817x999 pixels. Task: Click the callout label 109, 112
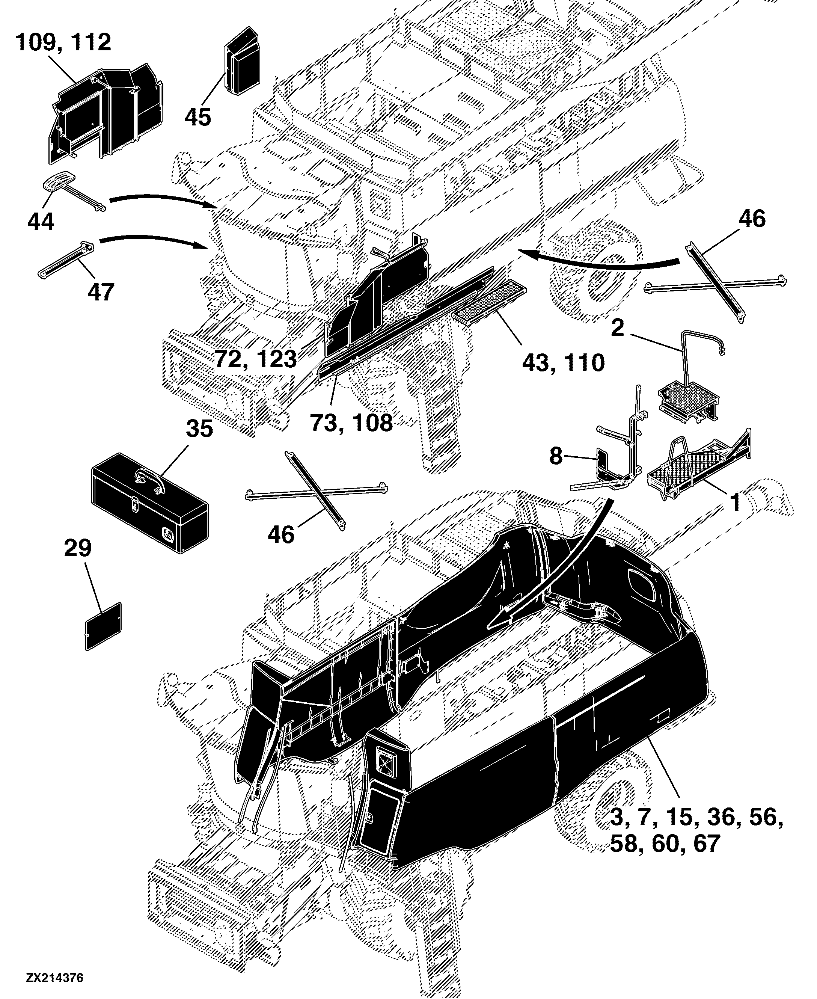click(63, 42)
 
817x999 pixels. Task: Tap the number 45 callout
click(197, 117)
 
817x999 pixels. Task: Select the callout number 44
click(41, 221)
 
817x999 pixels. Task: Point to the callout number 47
click(101, 291)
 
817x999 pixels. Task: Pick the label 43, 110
click(563, 363)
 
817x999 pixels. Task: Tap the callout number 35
click(199, 429)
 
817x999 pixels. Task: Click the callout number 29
click(78, 548)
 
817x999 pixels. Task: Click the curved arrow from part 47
click(154, 239)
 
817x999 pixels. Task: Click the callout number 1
click(735, 503)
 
